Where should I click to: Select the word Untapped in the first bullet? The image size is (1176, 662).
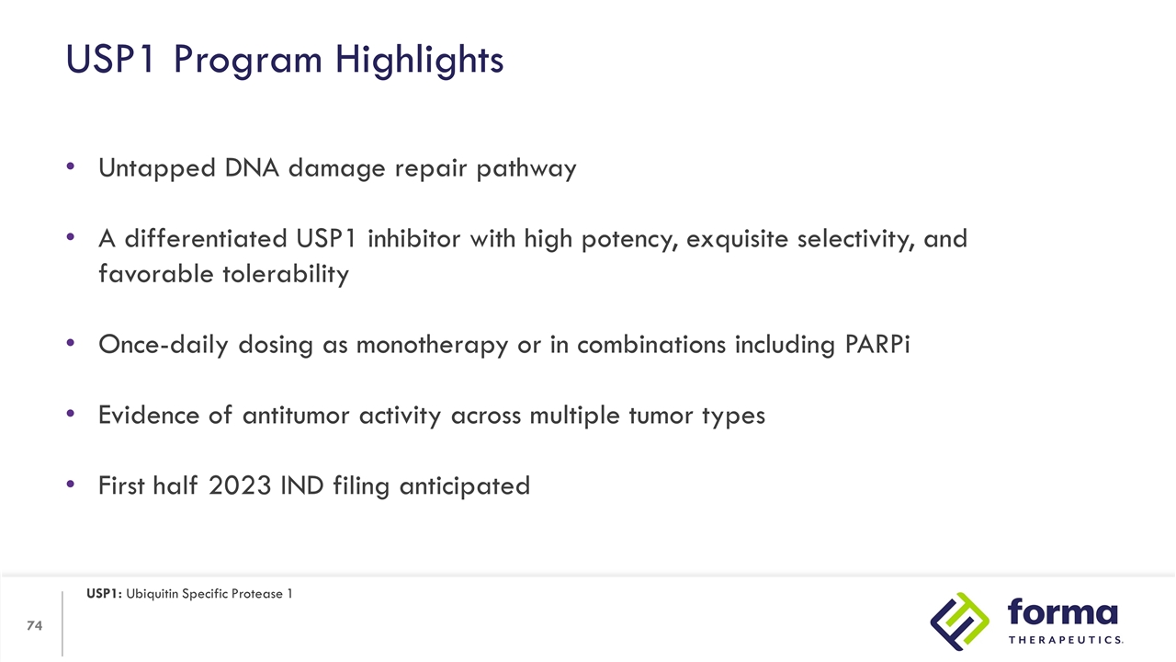(153, 169)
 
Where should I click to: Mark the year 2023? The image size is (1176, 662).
(240, 485)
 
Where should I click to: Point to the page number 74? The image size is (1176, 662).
(35, 626)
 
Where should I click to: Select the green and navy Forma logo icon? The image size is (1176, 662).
(960, 622)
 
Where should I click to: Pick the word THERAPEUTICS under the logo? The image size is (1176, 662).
(1064, 640)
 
